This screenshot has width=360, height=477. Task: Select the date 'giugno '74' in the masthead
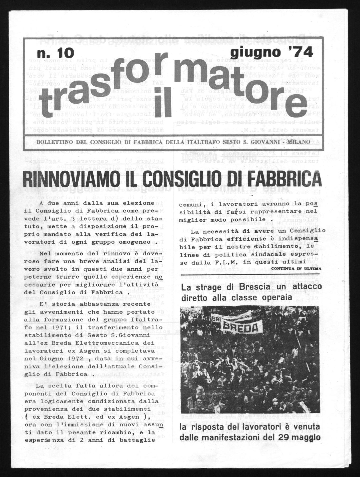pyautogui.click(x=272, y=52)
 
